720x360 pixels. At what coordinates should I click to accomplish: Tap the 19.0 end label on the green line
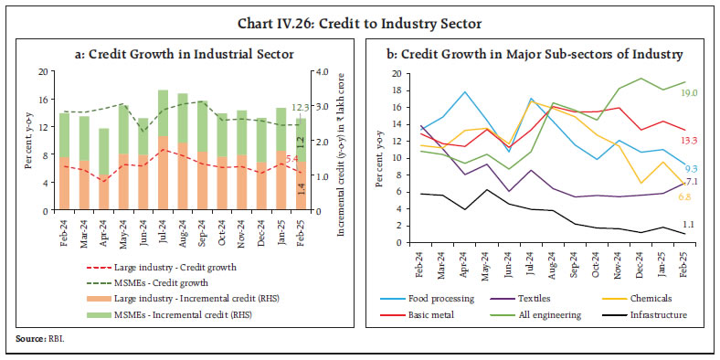click(688, 92)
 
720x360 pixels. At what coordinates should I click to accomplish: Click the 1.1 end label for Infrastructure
click(690, 225)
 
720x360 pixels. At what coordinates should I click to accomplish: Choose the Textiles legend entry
click(538, 298)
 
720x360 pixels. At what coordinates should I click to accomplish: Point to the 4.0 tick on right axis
click(323, 71)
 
